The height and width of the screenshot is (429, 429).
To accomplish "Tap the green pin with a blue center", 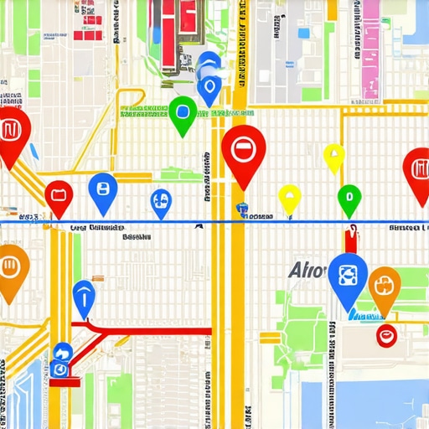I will tap(183, 113).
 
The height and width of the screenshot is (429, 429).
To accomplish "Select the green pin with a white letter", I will tap(349, 199).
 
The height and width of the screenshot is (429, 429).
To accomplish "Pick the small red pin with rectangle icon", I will tap(59, 197).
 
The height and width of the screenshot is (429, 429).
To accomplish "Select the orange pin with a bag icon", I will tap(385, 287).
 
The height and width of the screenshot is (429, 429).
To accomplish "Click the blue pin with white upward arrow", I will tap(84, 295).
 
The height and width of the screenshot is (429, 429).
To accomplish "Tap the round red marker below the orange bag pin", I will tap(386, 337).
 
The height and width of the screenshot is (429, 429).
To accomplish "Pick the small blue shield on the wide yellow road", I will tap(242, 209).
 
